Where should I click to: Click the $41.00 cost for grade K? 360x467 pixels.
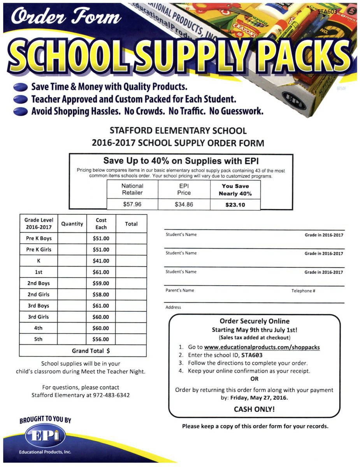click(101, 261)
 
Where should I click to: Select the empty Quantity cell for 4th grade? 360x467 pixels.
click(72, 328)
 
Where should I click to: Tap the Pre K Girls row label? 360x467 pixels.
click(39, 249)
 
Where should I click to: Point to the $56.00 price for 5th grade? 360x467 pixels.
click(101, 339)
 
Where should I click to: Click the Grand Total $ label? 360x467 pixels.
click(91, 351)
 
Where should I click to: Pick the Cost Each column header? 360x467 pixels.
click(101, 224)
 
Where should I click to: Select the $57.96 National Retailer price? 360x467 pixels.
click(132, 204)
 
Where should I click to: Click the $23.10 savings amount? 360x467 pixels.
click(235, 205)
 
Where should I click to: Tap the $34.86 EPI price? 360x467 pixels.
click(184, 204)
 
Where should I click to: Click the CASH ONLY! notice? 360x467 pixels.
click(254, 409)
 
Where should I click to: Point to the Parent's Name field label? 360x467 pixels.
click(180, 290)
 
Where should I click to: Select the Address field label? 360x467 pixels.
click(173, 307)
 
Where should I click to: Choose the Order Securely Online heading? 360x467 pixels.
click(255, 321)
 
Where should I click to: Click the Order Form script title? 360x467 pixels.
click(67, 18)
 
